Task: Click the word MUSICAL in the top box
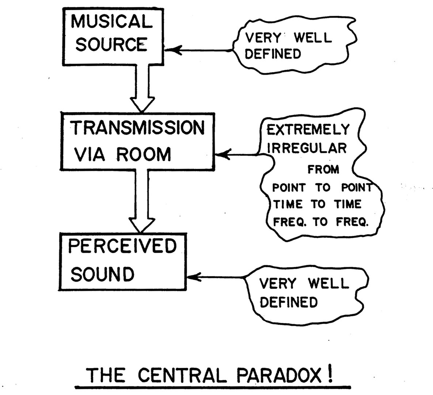tap(112, 22)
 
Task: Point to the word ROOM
tap(143, 155)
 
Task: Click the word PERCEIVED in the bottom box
tap(122, 246)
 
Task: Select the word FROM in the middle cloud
tap(323, 170)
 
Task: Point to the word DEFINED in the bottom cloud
tap(288, 302)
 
